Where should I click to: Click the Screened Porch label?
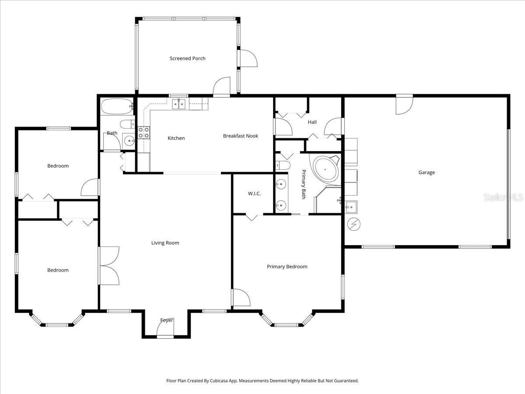click(x=187, y=58)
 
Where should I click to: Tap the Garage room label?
click(x=426, y=172)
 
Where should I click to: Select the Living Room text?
click(x=165, y=243)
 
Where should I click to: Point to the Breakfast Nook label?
click(x=240, y=136)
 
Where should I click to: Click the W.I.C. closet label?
click(x=254, y=193)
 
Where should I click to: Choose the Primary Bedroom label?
click(x=287, y=267)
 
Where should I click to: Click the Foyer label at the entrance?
click(x=166, y=320)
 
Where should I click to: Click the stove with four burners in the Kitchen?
click(x=143, y=133)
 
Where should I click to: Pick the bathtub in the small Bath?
click(x=116, y=106)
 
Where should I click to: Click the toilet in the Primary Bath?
click(x=283, y=165)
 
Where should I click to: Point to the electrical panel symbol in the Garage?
click(x=353, y=224)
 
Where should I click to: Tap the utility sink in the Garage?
click(x=351, y=207)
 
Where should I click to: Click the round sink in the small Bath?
click(x=129, y=140)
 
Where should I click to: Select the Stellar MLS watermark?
click(x=503, y=198)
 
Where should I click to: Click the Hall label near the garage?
click(x=312, y=122)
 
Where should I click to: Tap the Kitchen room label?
click(x=176, y=138)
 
